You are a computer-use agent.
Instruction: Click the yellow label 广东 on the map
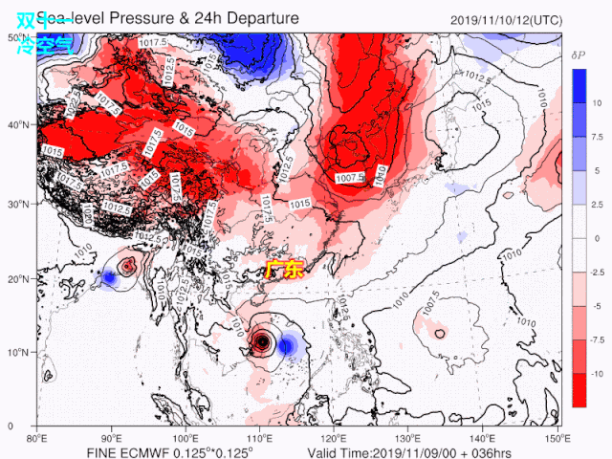283,271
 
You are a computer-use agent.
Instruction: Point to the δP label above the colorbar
578,56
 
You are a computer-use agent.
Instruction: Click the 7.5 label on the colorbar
595,137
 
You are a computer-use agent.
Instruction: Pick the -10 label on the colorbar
595,373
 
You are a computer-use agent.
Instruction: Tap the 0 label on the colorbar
595,238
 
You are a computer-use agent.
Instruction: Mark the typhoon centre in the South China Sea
262,341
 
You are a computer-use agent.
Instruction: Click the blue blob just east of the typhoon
285,345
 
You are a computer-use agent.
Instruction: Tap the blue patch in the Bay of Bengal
109,278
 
